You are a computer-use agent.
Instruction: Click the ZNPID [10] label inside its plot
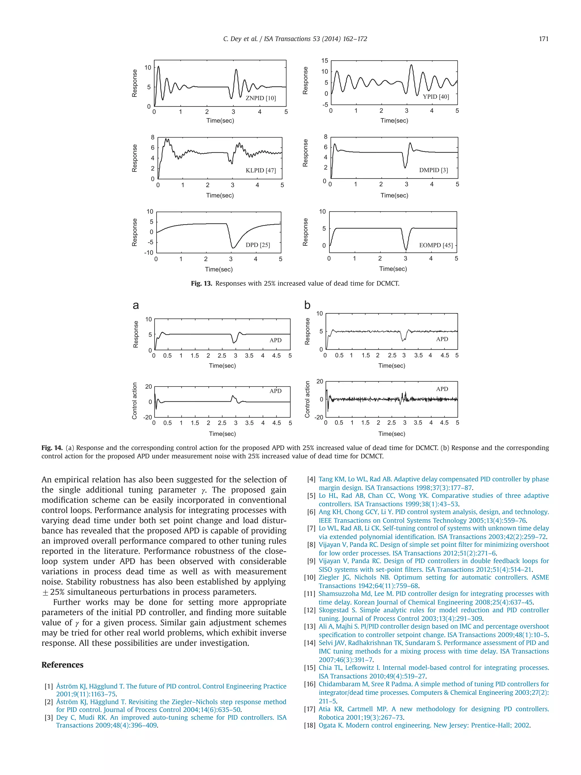[x=260, y=98]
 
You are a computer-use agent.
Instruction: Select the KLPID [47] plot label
[x=260, y=171]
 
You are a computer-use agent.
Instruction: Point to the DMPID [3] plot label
[x=433, y=170]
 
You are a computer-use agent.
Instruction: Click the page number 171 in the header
[x=543, y=39]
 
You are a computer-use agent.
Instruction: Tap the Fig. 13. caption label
[x=201, y=283]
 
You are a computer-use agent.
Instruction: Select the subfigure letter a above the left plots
[x=136, y=306]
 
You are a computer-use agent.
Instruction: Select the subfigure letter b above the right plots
[x=307, y=305]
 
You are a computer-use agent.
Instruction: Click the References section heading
[x=62, y=665]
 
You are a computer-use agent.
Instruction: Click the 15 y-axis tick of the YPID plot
[x=324, y=61]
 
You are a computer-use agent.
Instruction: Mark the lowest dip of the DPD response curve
[x=233, y=248]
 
